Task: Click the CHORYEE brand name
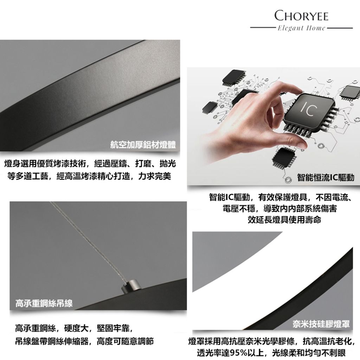301,16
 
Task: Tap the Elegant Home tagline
301,28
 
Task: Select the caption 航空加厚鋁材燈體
143,145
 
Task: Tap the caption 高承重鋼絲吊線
44,303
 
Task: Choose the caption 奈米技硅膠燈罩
321,324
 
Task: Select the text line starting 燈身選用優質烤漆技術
90,164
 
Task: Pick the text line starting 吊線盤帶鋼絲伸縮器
84,341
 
